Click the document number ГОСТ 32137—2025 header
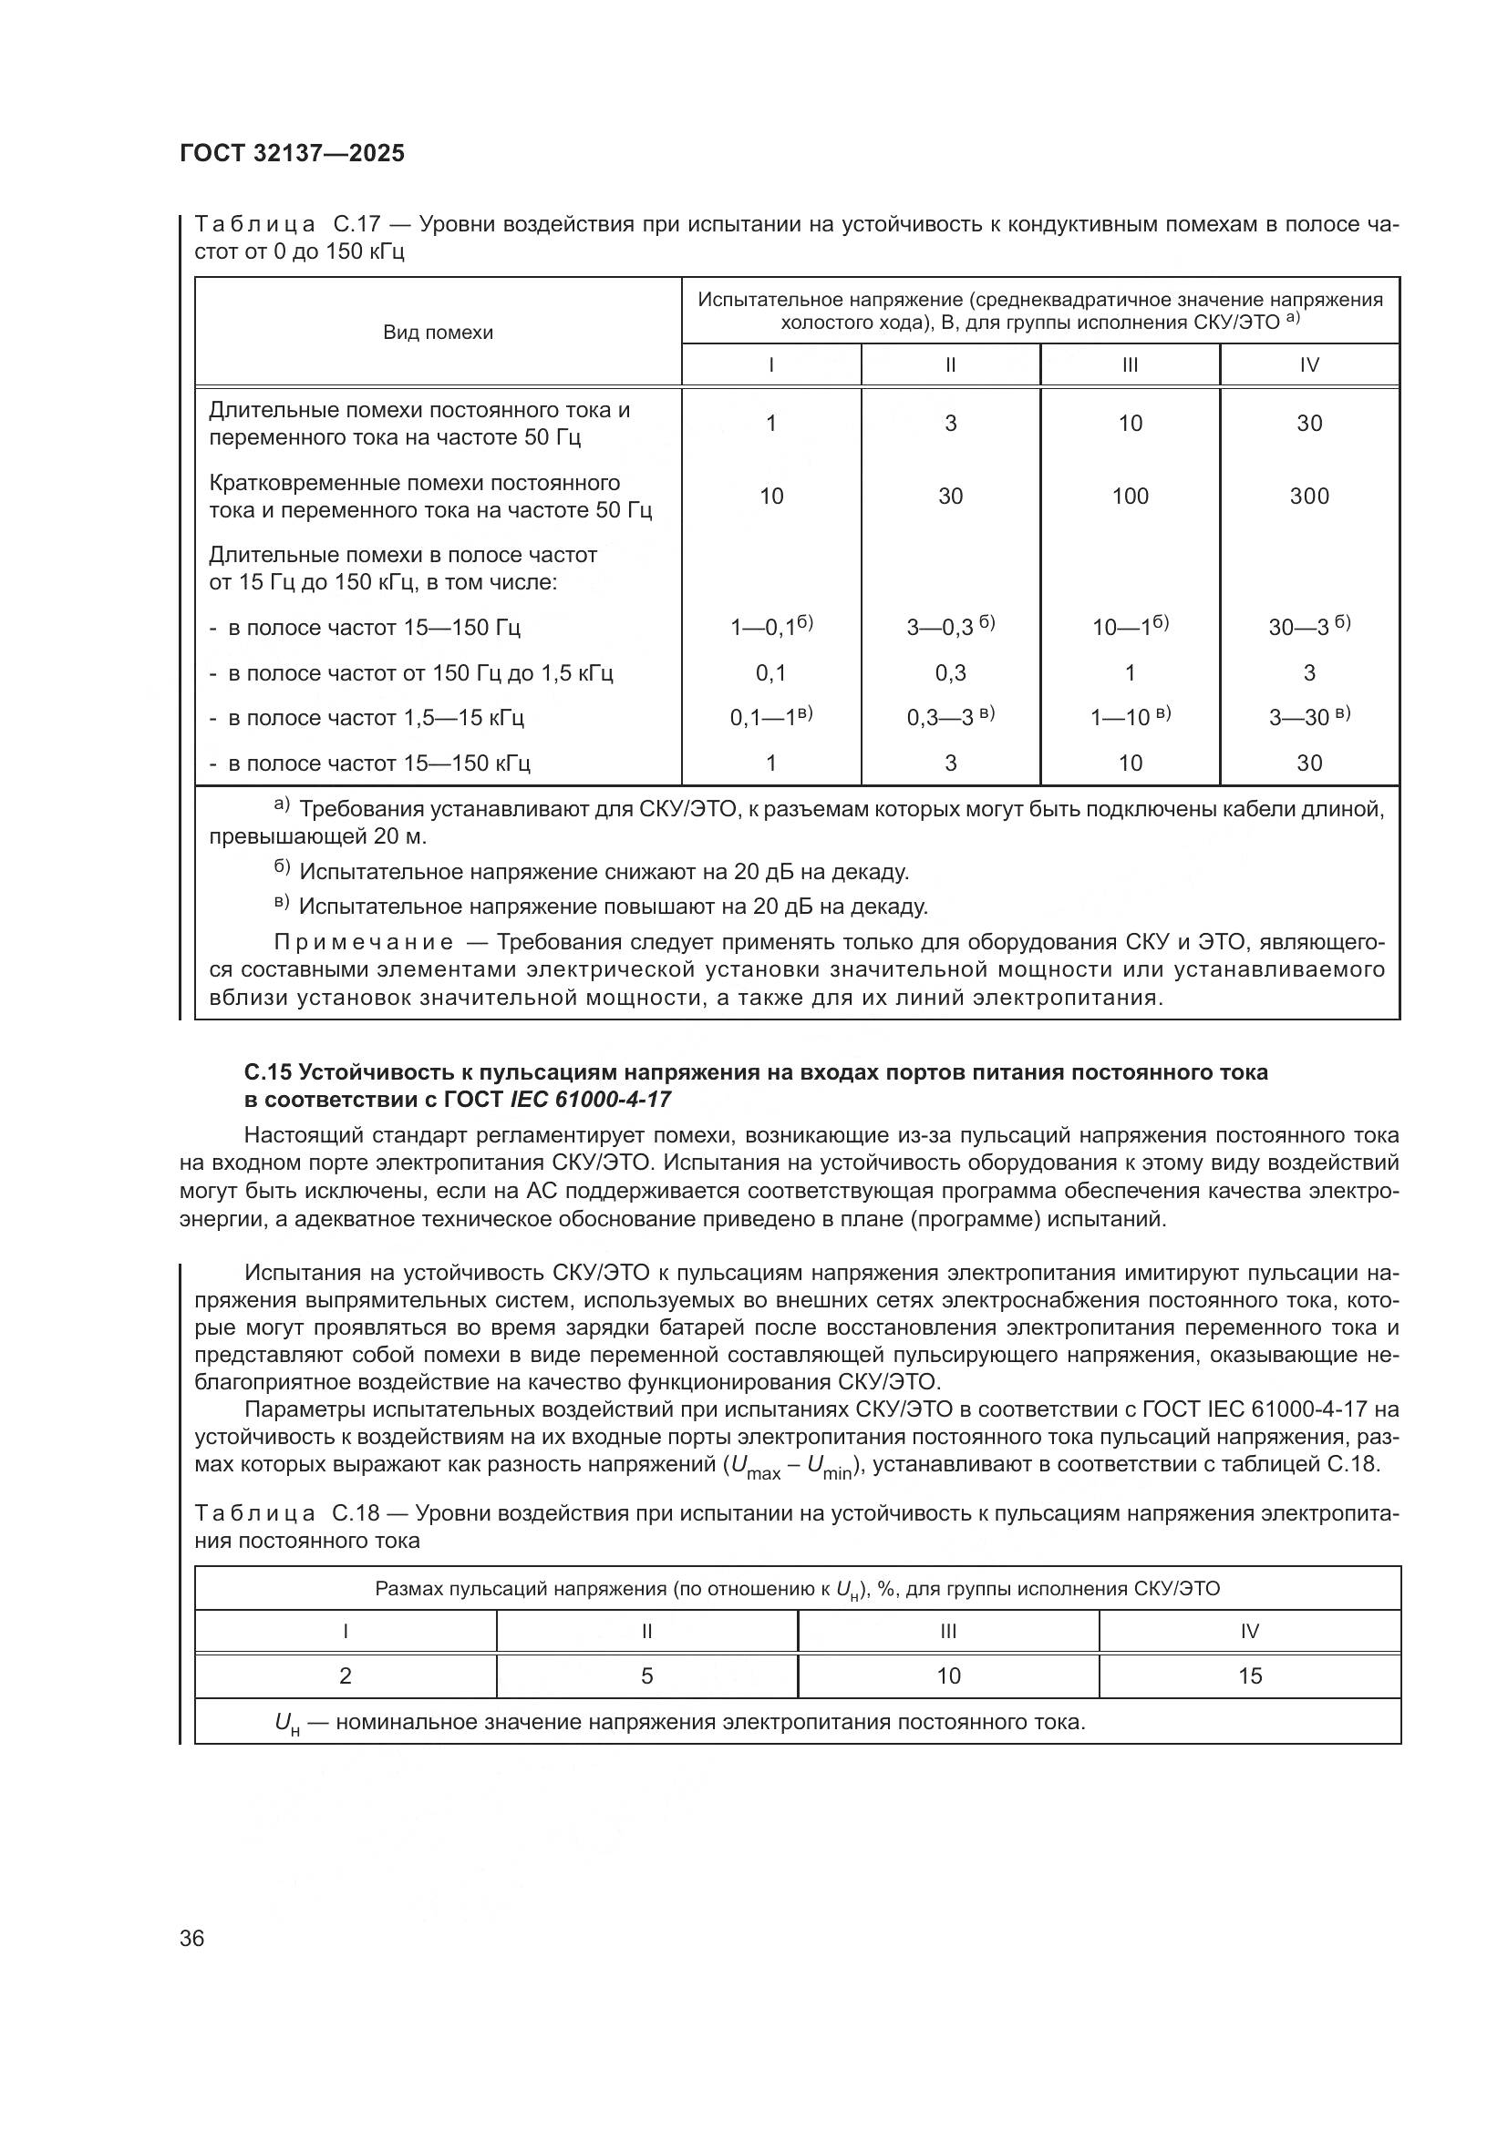click(x=293, y=154)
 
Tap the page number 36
click(x=191, y=1938)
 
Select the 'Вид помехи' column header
click(x=438, y=333)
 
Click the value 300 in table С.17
click(x=1308, y=497)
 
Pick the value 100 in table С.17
click(x=1129, y=497)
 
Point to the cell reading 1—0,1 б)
click(x=770, y=627)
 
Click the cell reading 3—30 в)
click(x=1308, y=716)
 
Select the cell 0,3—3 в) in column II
click(x=950, y=716)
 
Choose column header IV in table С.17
click(x=1308, y=364)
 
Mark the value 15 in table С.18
click(x=1249, y=1675)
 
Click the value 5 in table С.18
click(x=646, y=1675)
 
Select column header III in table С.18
click(x=947, y=1631)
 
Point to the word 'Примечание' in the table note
click(x=364, y=942)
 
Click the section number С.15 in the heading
click(x=267, y=1072)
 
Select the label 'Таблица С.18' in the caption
click(x=287, y=1513)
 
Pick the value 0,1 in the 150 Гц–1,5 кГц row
click(x=770, y=673)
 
